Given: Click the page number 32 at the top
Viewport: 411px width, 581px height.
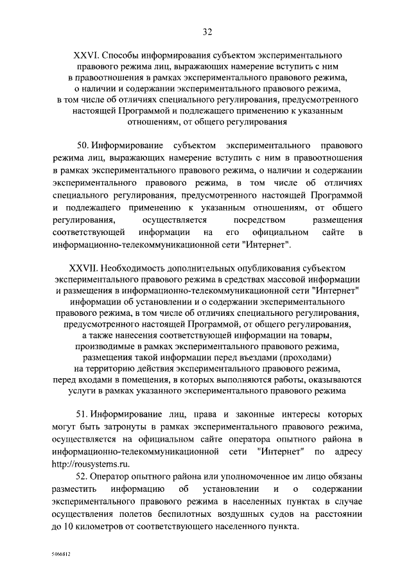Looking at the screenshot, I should [x=205, y=31].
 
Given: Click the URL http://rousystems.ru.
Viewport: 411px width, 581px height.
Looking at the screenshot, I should [x=86, y=464].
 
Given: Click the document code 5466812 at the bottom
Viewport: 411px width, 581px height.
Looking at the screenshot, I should [x=62, y=552].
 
